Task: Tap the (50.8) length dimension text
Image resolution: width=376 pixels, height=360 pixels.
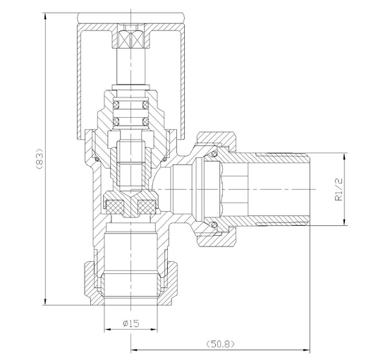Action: [x=219, y=344]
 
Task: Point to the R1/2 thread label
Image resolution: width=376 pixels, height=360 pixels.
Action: [x=339, y=190]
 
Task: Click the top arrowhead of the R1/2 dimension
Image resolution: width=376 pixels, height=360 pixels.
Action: [x=345, y=157]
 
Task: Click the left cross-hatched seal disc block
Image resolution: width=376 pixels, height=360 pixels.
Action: [x=115, y=206]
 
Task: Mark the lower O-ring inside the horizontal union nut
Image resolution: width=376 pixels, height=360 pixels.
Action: [x=212, y=225]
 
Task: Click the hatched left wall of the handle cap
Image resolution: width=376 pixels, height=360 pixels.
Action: [x=79, y=78]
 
